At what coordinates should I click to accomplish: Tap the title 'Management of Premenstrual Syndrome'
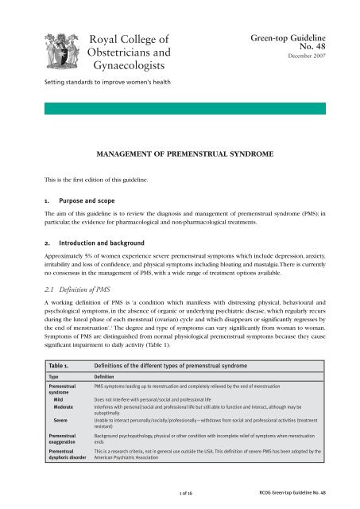[180, 148]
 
